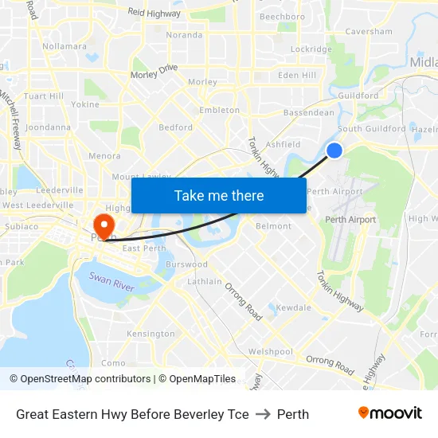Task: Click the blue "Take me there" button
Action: [219, 195]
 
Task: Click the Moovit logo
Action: [389, 413]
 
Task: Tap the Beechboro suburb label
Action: [282, 17]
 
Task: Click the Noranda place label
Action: [183, 35]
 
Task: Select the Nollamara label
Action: [65, 46]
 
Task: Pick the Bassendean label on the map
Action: [309, 113]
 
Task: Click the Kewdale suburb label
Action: [293, 307]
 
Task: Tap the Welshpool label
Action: [270, 352]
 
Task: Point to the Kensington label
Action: [151, 334]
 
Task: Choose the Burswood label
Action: [186, 264]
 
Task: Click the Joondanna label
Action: [48, 127]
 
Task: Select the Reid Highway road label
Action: [154, 13]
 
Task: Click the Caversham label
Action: [369, 32]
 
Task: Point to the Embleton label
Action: [219, 110]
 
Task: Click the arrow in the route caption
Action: [263, 414]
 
